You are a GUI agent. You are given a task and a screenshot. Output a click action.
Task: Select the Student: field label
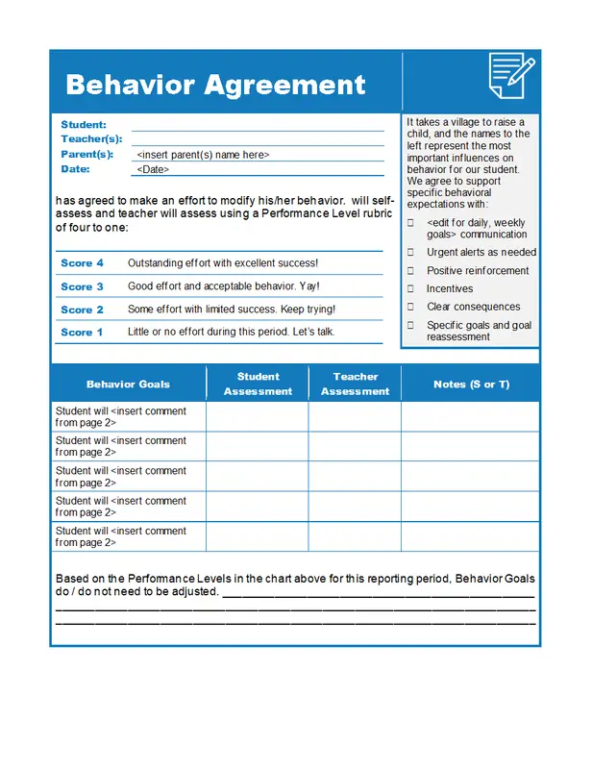pos(84,125)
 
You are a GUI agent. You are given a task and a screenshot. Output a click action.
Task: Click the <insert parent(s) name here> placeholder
pos(203,155)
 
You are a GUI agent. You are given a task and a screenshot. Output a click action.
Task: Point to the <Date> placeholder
pos(153,169)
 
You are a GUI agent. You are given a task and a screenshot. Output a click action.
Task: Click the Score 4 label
pos(82,263)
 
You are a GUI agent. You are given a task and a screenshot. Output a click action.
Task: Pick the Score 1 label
pos(82,333)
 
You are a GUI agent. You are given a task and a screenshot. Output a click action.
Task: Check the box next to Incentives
pos(410,289)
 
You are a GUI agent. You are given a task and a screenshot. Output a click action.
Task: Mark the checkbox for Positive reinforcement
pos(410,271)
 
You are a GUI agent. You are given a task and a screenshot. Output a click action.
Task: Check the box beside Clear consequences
pos(410,308)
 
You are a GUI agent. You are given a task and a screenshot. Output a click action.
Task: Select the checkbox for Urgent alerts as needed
pos(410,253)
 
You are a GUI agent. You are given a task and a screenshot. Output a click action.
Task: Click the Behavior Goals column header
pos(128,384)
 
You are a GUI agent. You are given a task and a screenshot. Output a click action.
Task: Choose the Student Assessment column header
pos(258,384)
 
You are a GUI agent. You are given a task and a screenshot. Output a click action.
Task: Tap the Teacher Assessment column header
pos(356,384)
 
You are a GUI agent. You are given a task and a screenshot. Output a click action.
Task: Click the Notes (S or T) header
pos(471,384)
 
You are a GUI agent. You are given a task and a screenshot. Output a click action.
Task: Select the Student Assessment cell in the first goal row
pos(258,417)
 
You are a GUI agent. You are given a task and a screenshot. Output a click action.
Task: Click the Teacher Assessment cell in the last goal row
pos(356,536)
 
